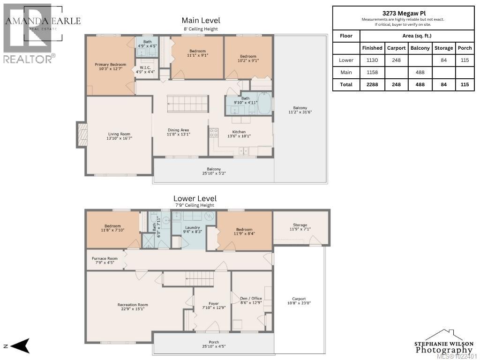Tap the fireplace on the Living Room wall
pyautogui.click(x=82, y=136)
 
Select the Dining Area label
pyautogui.click(x=178, y=130)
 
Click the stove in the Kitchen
pyautogui.click(x=214, y=133)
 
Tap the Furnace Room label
pyautogui.click(x=105, y=258)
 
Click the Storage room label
pyautogui.click(x=300, y=225)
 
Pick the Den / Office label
pyautogui.click(x=251, y=298)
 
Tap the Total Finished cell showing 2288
pyautogui.click(x=372, y=85)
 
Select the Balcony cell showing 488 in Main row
pyautogui.click(x=420, y=73)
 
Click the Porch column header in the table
pyautogui.click(x=465, y=48)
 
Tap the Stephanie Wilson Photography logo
pyautogui.click(x=443, y=344)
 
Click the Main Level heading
pyautogui.click(x=201, y=21)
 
